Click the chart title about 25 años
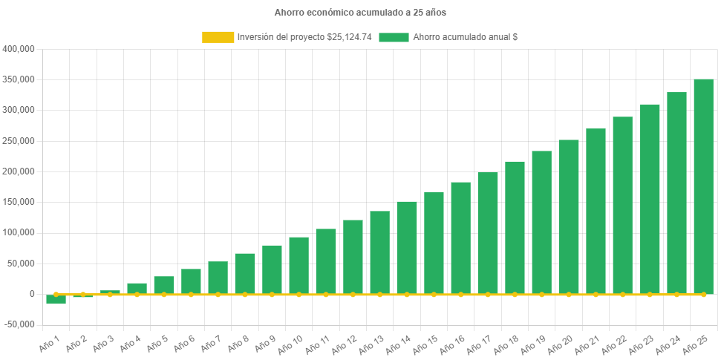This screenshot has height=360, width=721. point(360,13)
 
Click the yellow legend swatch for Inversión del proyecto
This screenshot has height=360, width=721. point(217,37)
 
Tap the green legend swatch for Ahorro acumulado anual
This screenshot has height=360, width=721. point(394,37)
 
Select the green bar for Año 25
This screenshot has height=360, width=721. point(703,186)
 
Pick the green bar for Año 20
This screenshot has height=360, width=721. point(569,216)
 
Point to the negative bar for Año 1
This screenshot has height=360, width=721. point(56,299)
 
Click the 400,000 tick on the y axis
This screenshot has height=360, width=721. point(19,49)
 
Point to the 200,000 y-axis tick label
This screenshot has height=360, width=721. point(19,171)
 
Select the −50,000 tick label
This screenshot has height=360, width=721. point(18,324)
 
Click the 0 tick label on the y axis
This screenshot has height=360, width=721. point(32,294)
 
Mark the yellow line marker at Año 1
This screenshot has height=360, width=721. point(56,295)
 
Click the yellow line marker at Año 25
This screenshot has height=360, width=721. point(703,295)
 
